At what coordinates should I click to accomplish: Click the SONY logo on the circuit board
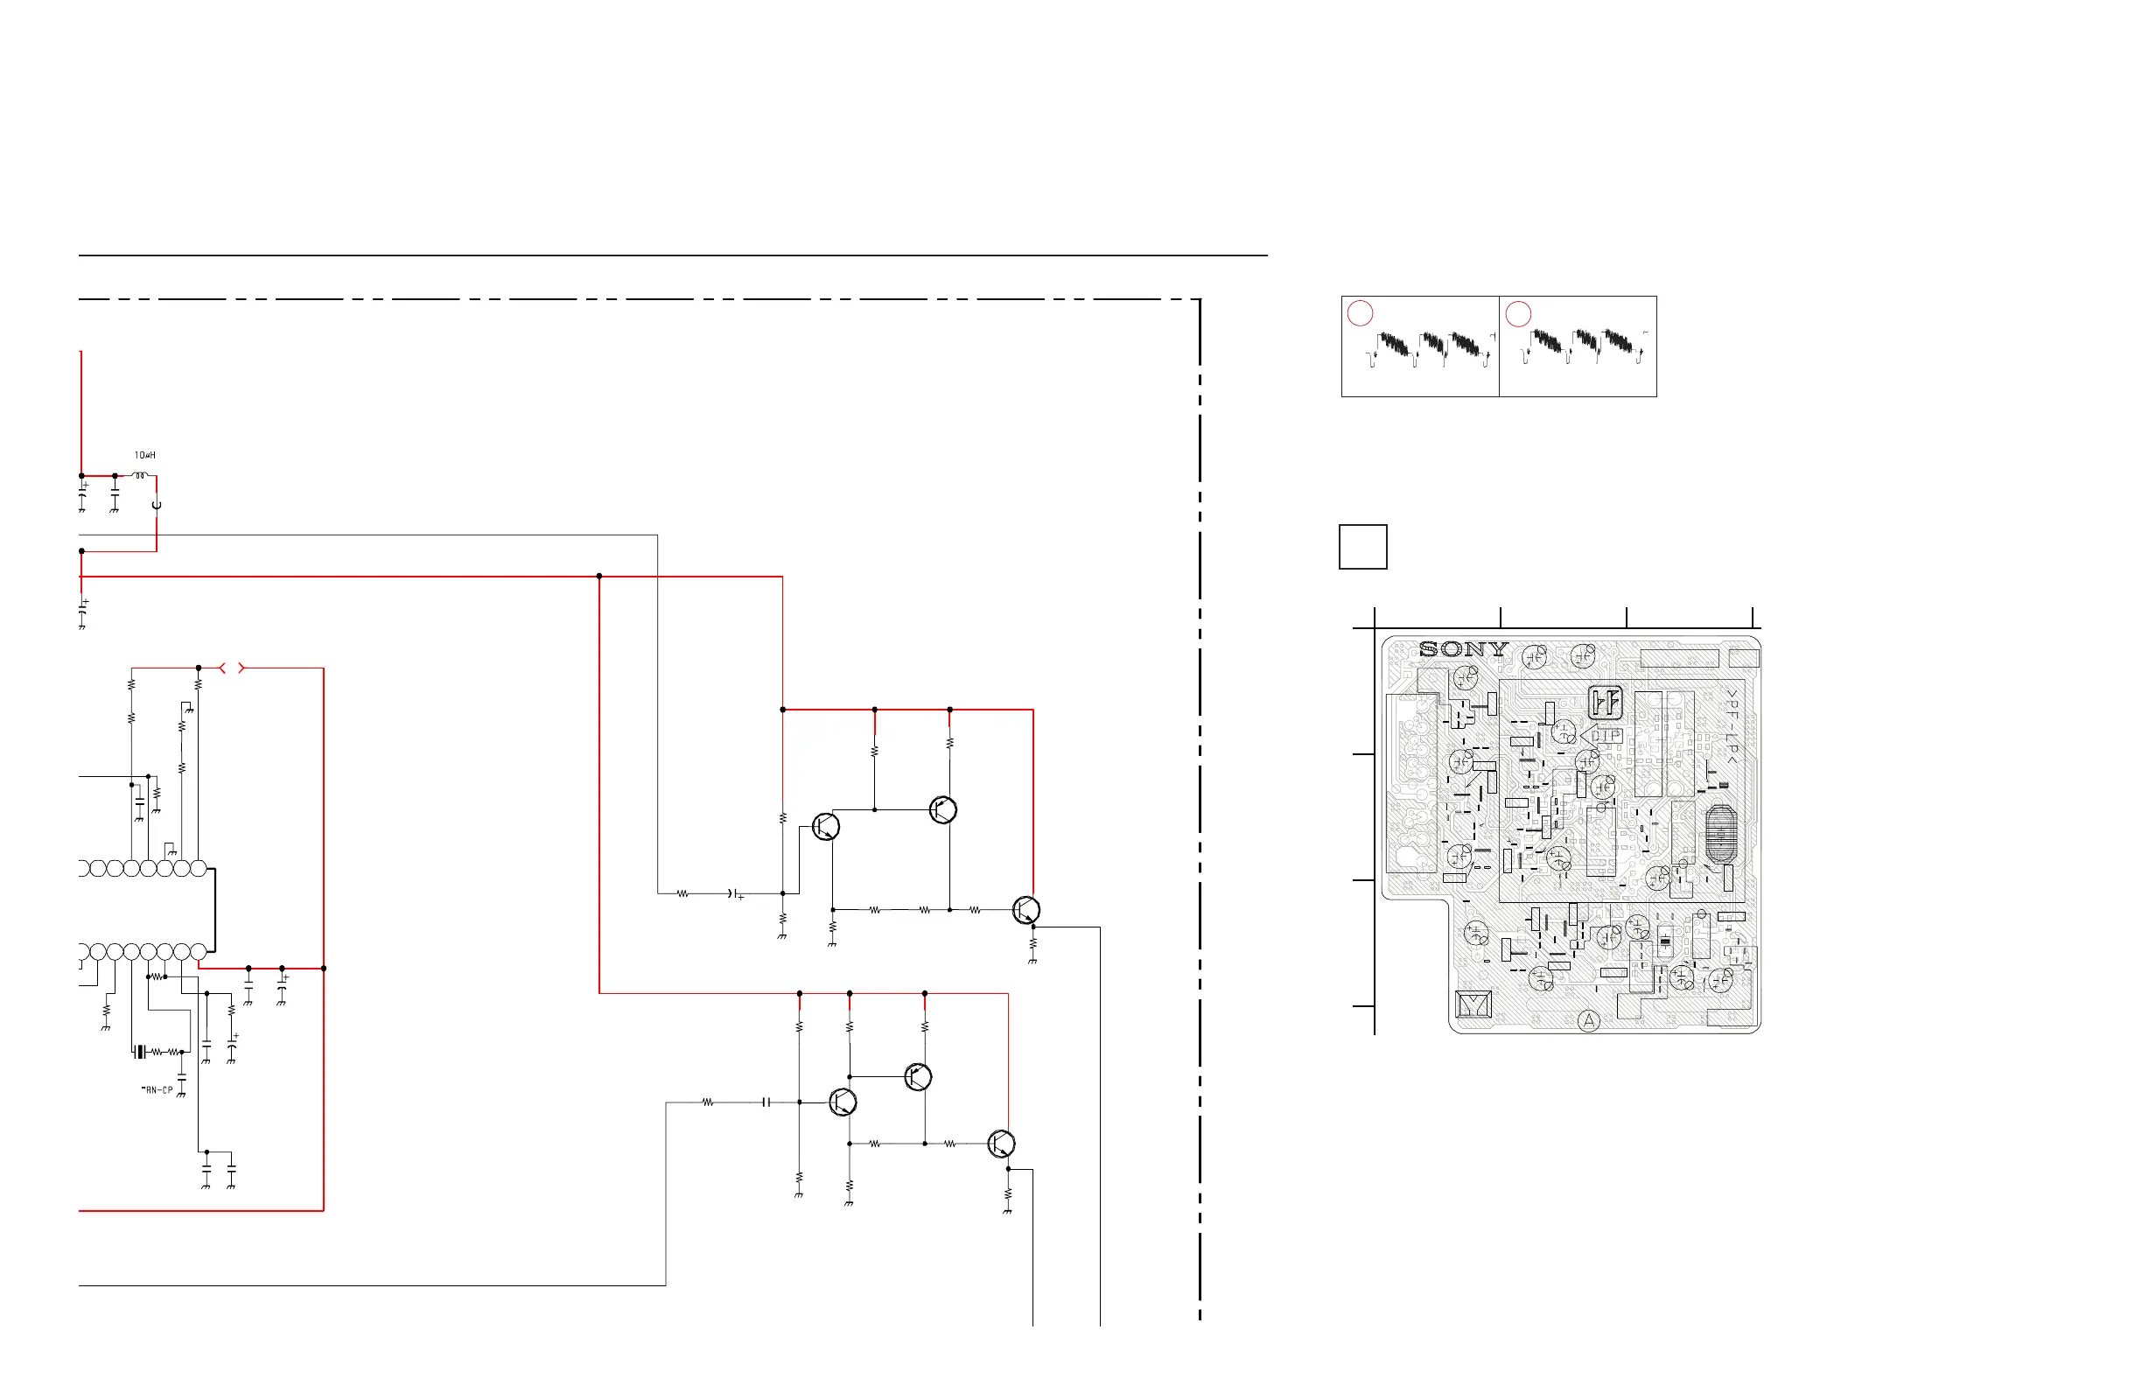[1462, 649]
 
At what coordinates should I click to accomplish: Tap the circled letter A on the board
[1588, 1020]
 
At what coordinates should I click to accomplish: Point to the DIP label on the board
[1606, 735]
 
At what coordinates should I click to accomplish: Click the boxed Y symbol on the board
[1473, 1004]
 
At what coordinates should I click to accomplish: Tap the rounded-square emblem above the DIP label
[1605, 701]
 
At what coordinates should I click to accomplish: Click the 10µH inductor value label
[145, 455]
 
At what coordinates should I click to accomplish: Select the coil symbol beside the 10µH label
[139, 475]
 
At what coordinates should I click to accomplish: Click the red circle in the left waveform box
[1360, 313]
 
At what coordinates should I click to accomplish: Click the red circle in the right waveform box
[1518, 313]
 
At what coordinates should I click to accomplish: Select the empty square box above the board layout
[1362, 547]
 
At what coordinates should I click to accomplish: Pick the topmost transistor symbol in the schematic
[942, 810]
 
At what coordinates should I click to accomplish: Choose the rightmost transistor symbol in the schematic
[1026, 910]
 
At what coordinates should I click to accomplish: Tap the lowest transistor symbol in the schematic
[1001, 1144]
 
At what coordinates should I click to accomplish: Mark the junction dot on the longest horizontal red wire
[599, 576]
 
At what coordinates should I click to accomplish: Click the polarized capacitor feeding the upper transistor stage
[734, 893]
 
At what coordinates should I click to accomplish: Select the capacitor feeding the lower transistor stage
[766, 1102]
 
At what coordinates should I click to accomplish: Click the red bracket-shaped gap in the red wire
[232, 668]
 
